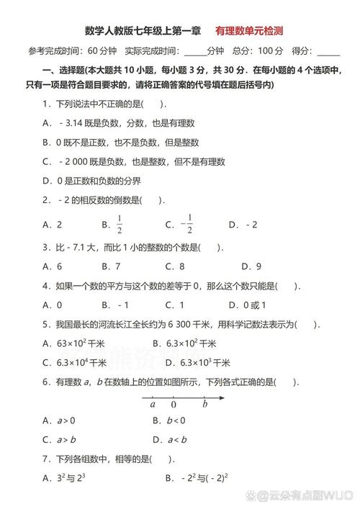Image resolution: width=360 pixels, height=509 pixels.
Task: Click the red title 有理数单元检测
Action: tap(248, 31)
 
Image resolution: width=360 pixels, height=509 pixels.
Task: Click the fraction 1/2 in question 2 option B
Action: tap(120, 224)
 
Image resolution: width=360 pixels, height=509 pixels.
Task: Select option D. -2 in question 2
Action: tap(243, 224)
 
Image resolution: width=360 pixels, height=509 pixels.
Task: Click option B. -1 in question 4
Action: tap(114, 305)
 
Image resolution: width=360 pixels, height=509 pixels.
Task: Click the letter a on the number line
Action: tap(153, 404)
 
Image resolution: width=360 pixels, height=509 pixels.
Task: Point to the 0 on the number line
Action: tap(173, 405)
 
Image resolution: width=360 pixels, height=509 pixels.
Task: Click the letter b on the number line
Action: tap(204, 404)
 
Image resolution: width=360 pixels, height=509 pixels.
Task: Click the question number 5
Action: tap(45, 324)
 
